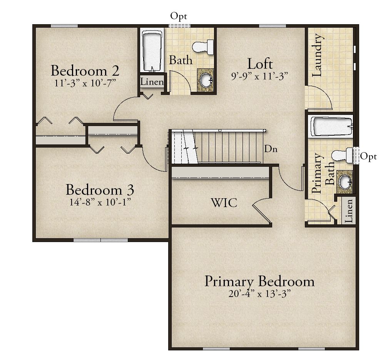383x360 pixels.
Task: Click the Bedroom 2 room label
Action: [85, 71]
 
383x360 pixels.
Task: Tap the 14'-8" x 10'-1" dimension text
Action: [100, 202]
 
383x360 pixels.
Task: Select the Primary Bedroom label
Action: [259, 282]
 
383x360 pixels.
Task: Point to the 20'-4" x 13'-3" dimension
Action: [259, 294]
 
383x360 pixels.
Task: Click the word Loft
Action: [260, 64]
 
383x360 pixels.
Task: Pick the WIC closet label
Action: [224, 203]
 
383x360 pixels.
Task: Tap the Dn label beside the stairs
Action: [271, 149]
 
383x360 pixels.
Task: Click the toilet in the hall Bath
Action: [203, 47]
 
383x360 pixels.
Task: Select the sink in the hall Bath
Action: [206, 80]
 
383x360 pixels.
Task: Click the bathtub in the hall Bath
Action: [152, 51]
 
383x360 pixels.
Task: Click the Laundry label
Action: [318, 55]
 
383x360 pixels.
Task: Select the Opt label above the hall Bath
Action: [179, 17]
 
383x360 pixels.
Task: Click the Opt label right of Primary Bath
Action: [368, 157]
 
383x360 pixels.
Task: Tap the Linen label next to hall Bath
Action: [152, 82]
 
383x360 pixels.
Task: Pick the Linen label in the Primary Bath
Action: [349, 211]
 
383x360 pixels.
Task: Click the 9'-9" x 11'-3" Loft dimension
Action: [260, 76]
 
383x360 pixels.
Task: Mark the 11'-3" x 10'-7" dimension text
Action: [85, 83]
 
